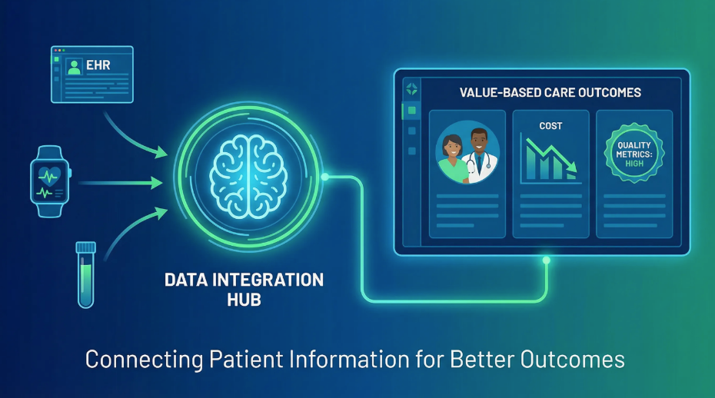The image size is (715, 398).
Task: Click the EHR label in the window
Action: (98, 65)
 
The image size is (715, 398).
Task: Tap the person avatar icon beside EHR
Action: (74, 67)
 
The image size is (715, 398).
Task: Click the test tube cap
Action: (86, 247)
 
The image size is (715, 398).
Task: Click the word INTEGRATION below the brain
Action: (268, 280)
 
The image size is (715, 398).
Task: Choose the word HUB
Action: (244, 300)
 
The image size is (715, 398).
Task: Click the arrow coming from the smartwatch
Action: (121, 183)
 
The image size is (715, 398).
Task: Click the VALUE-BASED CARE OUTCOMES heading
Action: (550, 92)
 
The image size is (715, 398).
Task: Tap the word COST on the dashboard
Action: (550, 126)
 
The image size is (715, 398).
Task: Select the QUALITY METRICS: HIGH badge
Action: (634, 153)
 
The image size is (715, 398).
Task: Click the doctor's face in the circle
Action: (478, 142)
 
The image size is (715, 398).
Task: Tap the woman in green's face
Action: (451, 147)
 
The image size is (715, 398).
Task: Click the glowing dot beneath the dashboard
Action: (547, 260)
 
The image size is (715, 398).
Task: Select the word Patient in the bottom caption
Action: (246, 360)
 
